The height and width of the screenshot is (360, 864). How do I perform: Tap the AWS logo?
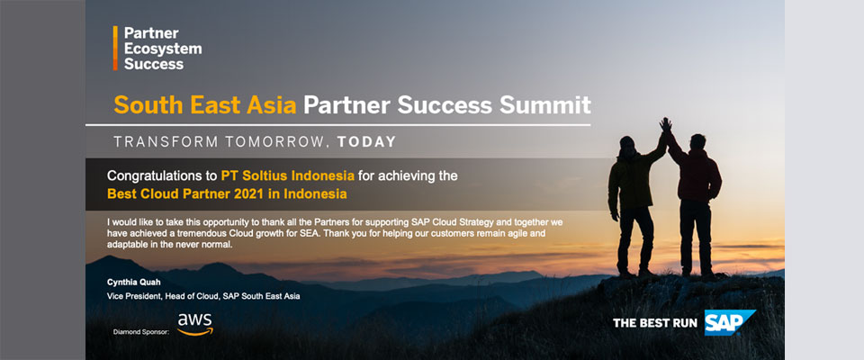point(195,324)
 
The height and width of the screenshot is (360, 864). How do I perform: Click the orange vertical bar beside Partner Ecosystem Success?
point(115,48)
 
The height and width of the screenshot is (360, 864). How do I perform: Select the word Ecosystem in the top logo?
point(163,49)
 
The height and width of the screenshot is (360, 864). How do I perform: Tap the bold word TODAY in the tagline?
point(367,141)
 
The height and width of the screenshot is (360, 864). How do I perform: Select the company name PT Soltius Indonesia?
point(288,176)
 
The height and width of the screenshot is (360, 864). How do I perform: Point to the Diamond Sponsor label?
point(140,332)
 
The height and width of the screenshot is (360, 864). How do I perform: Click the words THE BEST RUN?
point(655,323)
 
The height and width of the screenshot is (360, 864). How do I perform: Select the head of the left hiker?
point(626,143)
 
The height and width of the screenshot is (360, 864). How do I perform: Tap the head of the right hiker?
point(697,141)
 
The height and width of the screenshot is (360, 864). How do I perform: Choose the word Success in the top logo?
point(154,64)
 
